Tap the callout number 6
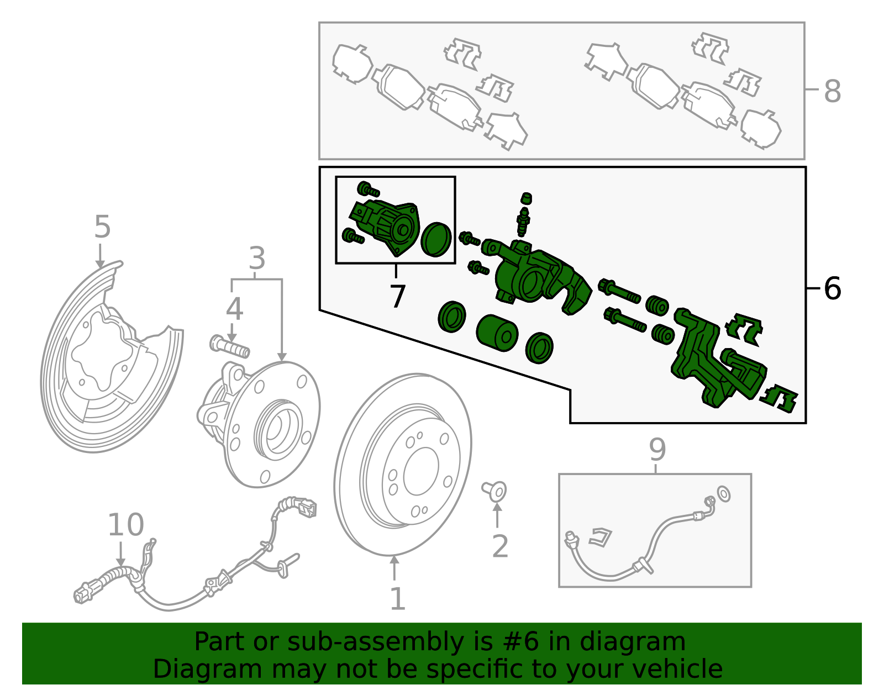pos(832,288)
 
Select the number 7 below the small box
pos(397,297)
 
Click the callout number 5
pos(102,227)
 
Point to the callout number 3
pos(257,258)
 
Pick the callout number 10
pos(125,525)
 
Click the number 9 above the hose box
pos(657,450)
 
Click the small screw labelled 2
pos(495,490)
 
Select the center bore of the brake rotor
pos(421,471)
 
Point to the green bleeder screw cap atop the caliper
pos(527,198)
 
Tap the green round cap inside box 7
pos(436,239)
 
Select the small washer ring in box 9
pos(723,493)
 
